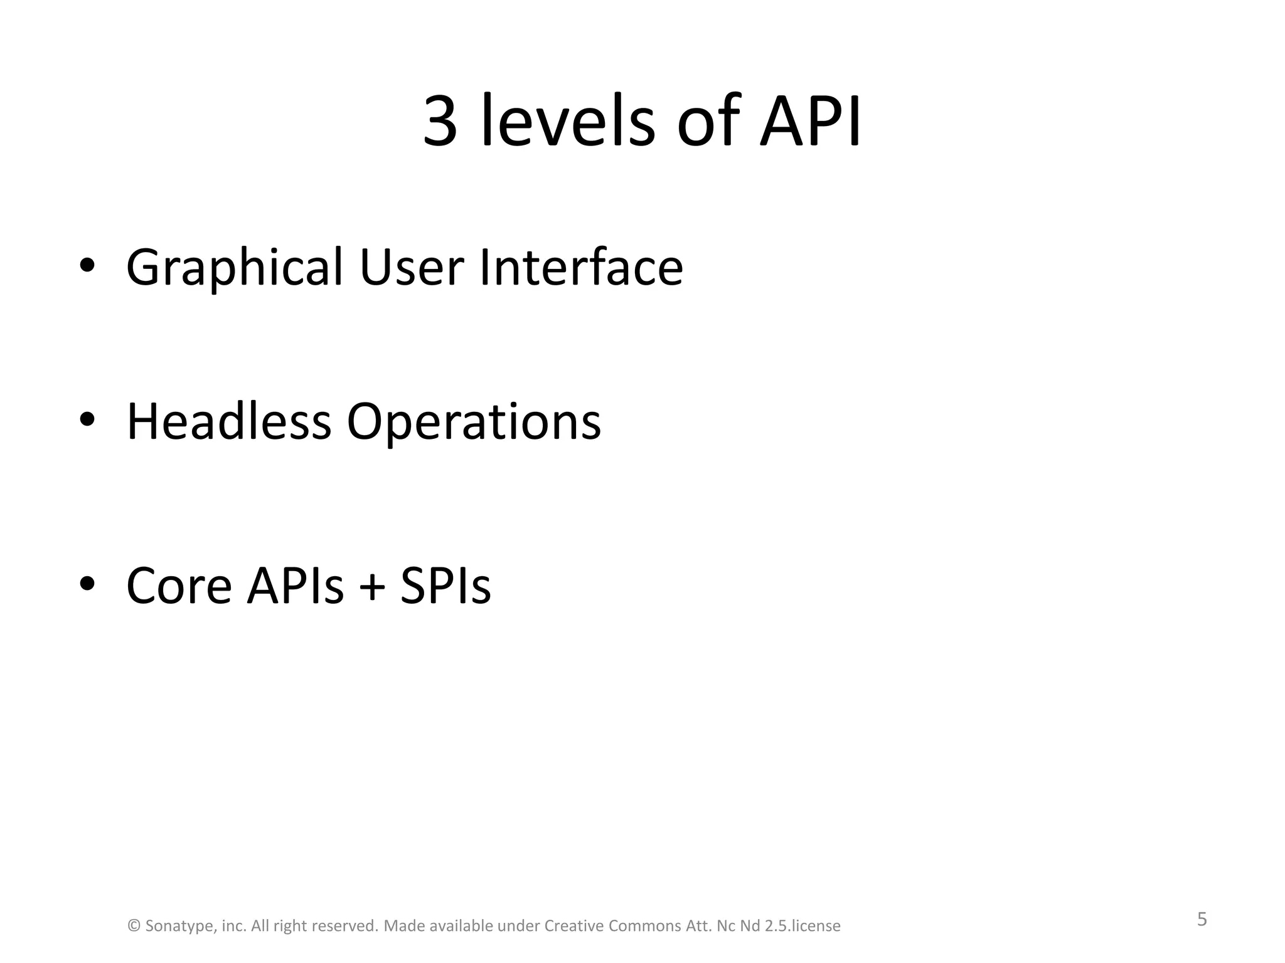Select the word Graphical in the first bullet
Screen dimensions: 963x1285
pos(235,268)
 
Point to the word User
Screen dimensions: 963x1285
pos(412,267)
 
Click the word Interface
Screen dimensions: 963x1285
pos(581,267)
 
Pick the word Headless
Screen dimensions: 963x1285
pos(228,421)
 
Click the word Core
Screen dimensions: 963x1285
pos(179,586)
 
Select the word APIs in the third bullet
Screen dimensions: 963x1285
pos(296,586)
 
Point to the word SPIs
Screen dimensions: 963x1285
pos(445,586)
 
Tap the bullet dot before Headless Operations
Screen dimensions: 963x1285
pos(87,418)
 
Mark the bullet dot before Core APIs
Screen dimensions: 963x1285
pos(87,583)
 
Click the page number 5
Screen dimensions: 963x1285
pos(1202,920)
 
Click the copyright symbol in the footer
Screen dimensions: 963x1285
pos(134,926)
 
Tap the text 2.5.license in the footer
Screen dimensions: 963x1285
pos(802,926)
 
